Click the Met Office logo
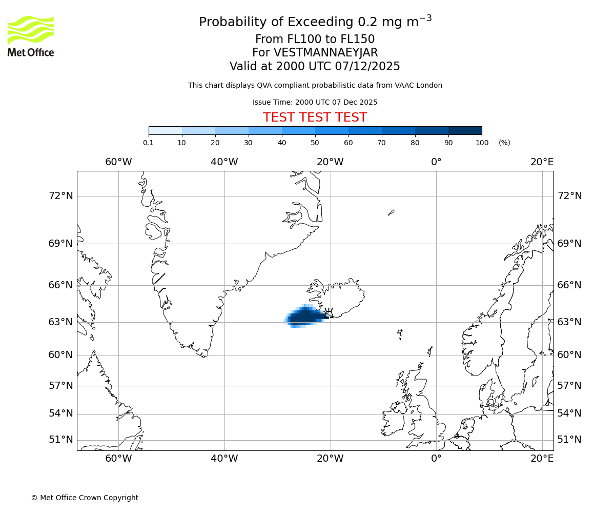(x=31, y=36)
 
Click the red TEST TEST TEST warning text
(x=315, y=117)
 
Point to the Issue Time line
(x=315, y=102)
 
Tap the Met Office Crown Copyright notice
(x=85, y=498)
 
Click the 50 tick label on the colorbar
(x=315, y=143)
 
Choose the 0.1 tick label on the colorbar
(x=148, y=143)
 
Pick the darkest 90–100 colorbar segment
(x=465, y=131)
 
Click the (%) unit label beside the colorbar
(x=504, y=143)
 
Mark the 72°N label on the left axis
(x=60, y=196)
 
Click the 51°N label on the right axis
(x=569, y=440)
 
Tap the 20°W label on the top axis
(x=330, y=162)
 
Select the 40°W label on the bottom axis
(x=224, y=458)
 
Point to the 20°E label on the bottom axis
(x=542, y=458)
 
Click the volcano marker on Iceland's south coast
(x=329, y=312)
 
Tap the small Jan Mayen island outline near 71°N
(x=391, y=212)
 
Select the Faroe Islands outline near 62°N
(x=400, y=334)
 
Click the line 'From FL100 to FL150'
(x=315, y=40)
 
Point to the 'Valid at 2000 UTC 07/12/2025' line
(x=315, y=67)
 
